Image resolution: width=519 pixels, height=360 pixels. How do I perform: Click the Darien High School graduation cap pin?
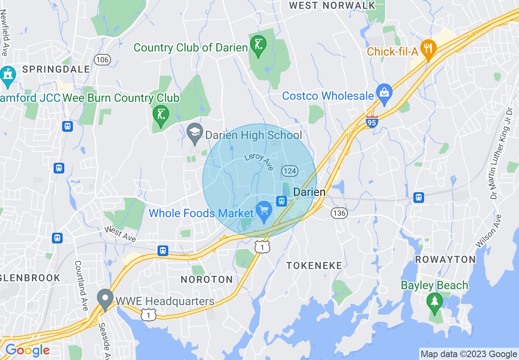click(195, 133)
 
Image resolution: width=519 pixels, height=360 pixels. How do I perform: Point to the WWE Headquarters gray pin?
click(105, 299)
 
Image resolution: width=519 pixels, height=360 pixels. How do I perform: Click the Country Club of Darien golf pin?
click(258, 45)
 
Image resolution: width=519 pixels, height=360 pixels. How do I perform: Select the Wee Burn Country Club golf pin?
click(160, 115)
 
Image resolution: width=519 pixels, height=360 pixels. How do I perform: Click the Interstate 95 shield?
click(372, 122)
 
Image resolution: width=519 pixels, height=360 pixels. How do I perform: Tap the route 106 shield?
click(102, 60)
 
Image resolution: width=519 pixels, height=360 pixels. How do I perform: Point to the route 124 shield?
click(290, 171)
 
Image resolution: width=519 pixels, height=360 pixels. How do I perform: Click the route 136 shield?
click(339, 213)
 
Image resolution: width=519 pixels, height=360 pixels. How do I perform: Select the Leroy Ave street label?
click(258, 161)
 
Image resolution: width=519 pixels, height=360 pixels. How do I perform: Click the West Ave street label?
click(120, 234)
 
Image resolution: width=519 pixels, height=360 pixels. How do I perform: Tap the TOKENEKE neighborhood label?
click(314, 265)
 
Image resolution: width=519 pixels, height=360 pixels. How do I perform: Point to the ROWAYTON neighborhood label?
click(445, 259)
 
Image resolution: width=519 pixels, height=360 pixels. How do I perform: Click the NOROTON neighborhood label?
click(207, 279)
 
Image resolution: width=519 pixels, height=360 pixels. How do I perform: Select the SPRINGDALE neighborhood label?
click(56, 69)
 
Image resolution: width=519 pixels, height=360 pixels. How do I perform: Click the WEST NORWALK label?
click(332, 5)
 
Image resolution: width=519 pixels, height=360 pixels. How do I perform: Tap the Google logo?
click(27, 350)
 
